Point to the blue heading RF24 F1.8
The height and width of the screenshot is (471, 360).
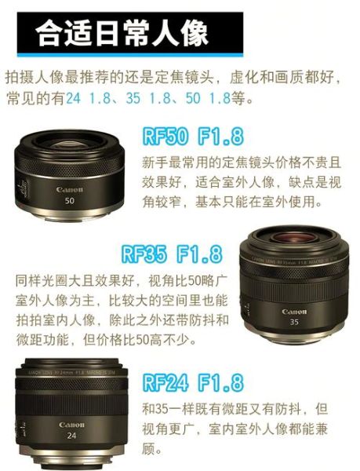click(192, 383)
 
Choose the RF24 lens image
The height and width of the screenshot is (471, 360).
click(71, 412)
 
